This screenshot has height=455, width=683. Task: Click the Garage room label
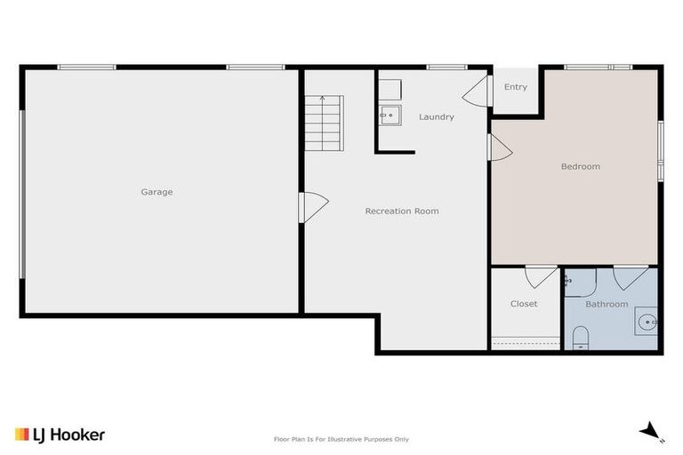157,192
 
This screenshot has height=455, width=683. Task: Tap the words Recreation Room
402,212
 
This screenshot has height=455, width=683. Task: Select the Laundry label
437,117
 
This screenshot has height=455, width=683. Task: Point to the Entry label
516,87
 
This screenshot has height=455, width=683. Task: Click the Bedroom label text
580,166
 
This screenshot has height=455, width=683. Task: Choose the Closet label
524,304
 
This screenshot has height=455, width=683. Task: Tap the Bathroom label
607,304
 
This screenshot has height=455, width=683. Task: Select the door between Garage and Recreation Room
312,207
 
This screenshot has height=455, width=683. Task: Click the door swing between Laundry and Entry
478,91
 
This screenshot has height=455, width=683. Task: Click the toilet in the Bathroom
580,338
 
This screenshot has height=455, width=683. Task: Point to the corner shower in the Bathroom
579,283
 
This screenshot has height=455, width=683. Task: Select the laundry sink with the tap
388,115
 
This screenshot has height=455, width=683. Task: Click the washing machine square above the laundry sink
389,89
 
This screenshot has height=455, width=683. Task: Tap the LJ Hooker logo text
60,435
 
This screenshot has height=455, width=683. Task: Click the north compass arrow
654,431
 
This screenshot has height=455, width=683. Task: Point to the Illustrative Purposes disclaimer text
341,439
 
